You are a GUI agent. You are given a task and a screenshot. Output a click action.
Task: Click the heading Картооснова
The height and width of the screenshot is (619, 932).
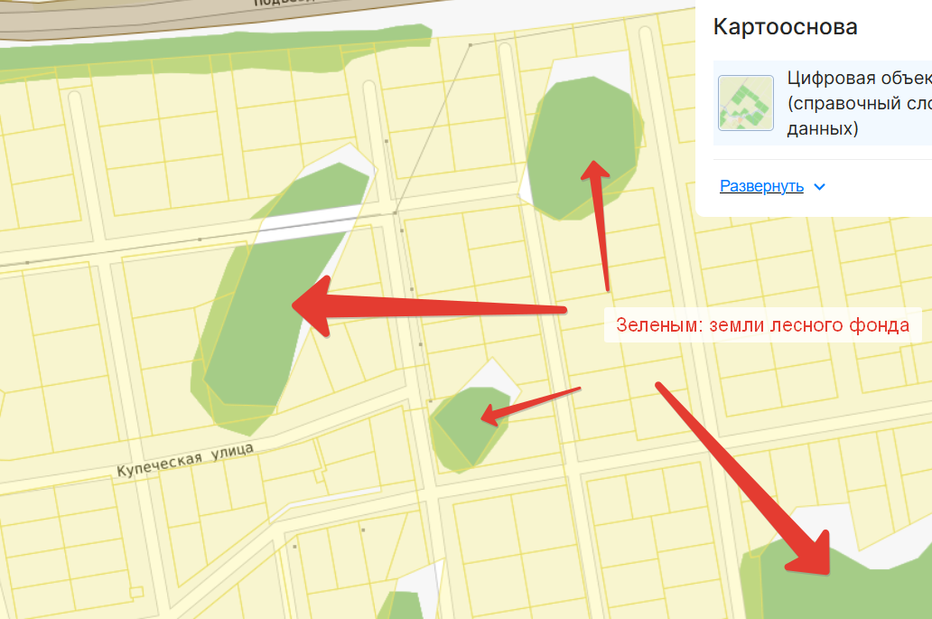(785, 27)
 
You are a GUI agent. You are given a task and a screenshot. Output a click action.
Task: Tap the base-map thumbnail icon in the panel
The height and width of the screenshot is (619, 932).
(745, 103)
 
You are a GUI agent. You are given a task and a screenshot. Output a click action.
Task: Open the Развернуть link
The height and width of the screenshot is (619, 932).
(761, 186)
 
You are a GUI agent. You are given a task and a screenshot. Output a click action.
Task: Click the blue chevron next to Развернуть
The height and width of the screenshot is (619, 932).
(819, 187)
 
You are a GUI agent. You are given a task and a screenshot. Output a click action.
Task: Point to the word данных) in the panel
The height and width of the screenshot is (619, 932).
(822, 129)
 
